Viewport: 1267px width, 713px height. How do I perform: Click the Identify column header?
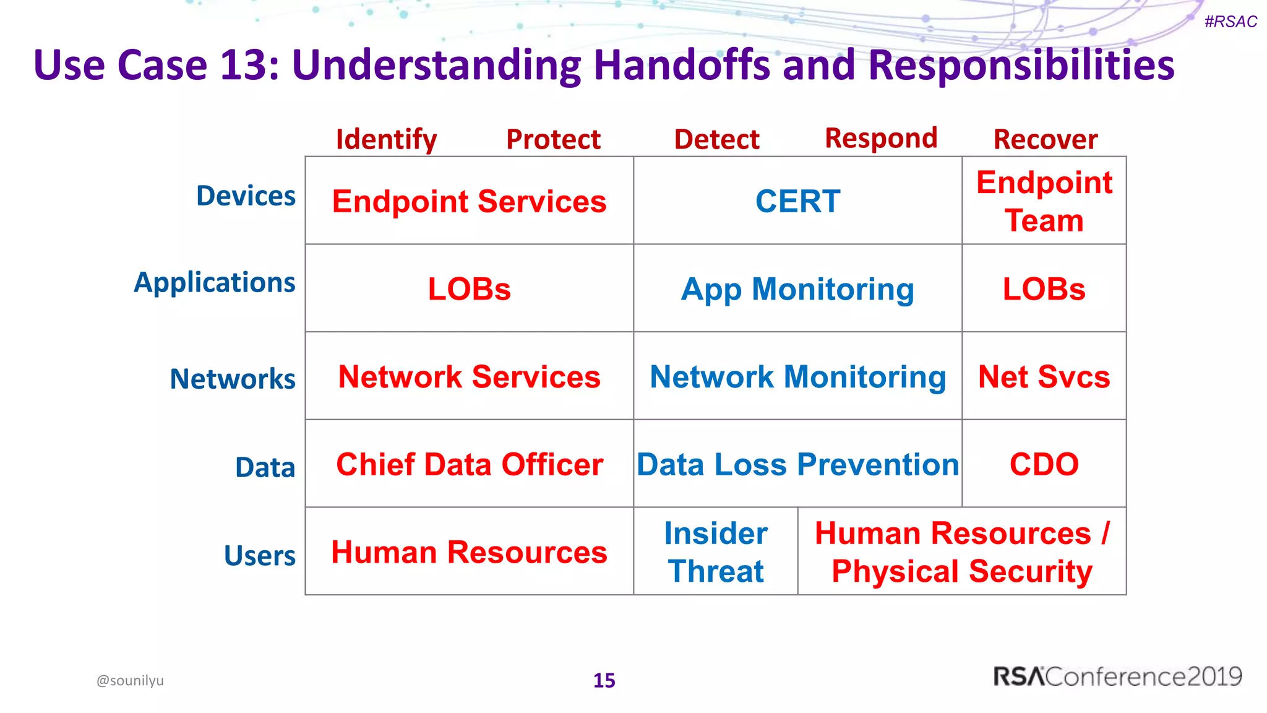[x=386, y=139]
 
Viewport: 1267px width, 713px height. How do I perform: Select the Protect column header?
[x=553, y=139]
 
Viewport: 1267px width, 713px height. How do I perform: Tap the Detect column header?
[x=716, y=139]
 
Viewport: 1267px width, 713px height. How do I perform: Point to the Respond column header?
[x=881, y=139]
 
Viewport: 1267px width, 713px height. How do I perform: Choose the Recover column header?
[x=1046, y=139]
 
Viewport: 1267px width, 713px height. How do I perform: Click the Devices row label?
[x=246, y=196]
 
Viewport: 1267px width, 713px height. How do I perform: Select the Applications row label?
[x=215, y=282]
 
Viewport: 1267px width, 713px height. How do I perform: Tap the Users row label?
[x=260, y=555]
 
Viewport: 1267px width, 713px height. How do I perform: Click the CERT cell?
[x=797, y=201]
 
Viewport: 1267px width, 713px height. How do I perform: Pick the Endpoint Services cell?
[x=469, y=201]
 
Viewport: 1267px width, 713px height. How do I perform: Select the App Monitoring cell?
[x=797, y=289]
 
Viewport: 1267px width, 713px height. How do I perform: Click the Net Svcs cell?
[x=1044, y=376]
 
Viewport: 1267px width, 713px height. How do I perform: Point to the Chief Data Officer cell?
[x=469, y=464]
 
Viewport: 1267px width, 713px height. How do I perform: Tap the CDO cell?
[x=1044, y=464]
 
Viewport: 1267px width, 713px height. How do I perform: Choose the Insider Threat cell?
[x=716, y=551]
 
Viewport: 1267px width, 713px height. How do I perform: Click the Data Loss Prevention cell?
[x=797, y=464]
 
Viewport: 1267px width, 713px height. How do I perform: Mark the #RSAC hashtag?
[x=1230, y=22]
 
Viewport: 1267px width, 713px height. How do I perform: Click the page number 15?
[x=604, y=680]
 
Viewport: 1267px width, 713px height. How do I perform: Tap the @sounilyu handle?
[x=130, y=680]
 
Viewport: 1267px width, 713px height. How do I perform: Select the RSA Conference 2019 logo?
[x=1117, y=676]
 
